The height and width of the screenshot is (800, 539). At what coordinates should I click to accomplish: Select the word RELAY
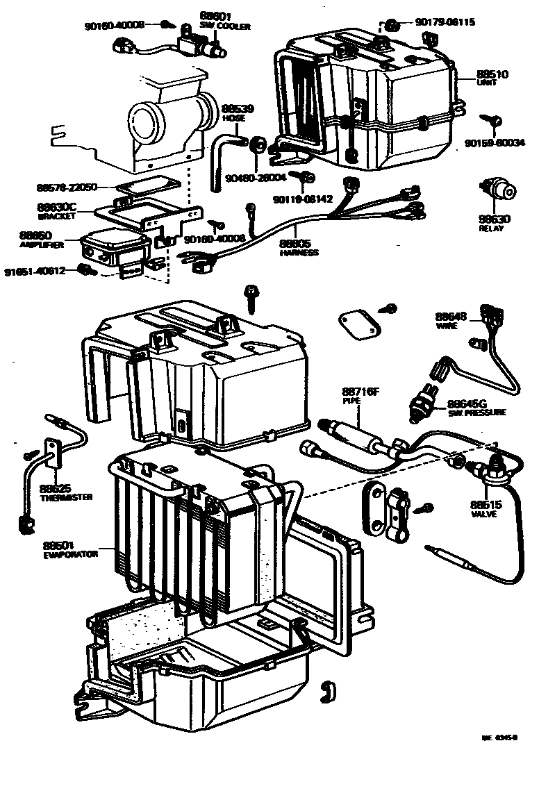coord(495,228)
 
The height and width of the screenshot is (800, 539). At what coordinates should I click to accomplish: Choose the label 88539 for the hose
coord(238,109)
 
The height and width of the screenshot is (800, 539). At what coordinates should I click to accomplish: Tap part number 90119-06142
coord(303,199)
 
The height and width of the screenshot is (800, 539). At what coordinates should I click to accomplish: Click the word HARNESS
coord(299,253)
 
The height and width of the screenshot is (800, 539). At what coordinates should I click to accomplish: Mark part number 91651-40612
coord(35,269)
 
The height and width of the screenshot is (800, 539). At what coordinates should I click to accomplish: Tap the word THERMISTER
coord(66,497)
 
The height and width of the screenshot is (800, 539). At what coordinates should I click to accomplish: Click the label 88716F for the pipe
coord(360,392)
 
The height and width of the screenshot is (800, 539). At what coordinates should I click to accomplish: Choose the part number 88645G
coord(467,403)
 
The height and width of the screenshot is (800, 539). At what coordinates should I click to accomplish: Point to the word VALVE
coord(483,515)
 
